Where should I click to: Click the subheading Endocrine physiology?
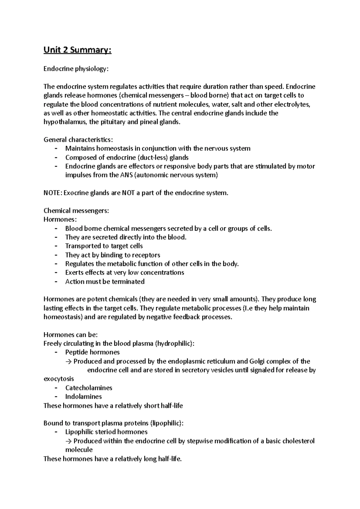click(x=75, y=69)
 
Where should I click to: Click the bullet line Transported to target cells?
click(x=104, y=246)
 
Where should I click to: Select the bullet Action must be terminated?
click(x=105, y=282)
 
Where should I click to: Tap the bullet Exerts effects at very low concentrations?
click(x=124, y=273)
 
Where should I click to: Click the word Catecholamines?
click(x=89, y=388)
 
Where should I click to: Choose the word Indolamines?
click(x=83, y=397)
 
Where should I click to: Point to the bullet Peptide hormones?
click(x=92, y=352)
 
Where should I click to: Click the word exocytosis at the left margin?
click(x=59, y=379)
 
